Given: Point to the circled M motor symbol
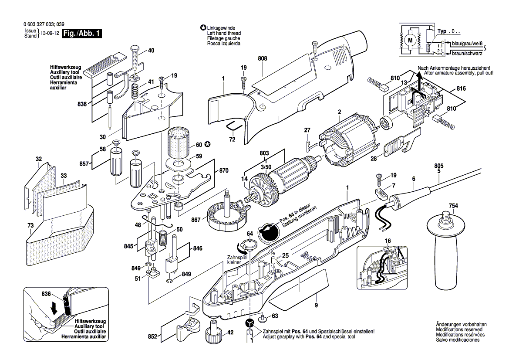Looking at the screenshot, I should point(410,41).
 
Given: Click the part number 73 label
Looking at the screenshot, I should point(30,225).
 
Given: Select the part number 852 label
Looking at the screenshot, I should point(153,336).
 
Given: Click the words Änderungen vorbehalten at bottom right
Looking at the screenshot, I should point(461,325).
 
